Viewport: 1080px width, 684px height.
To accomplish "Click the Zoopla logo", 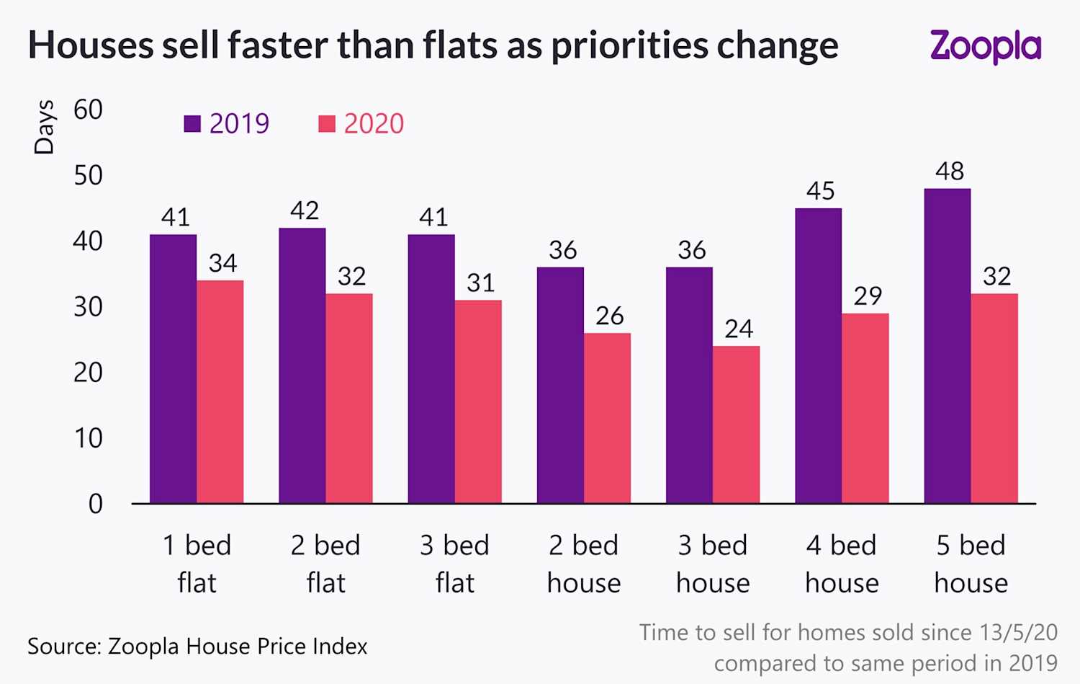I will click(x=985, y=46).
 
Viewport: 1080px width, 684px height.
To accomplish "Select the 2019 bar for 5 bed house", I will click(x=947, y=346).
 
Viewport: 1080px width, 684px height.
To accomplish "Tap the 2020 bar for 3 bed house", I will click(x=736, y=425).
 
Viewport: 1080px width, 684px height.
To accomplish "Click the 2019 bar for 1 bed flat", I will click(x=173, y=368).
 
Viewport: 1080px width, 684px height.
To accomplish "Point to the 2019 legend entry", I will click(x=227, y=124).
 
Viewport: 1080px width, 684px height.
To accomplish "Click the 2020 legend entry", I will click(x=361, y=124).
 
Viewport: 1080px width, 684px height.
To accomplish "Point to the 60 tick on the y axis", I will click(x=88, y=110).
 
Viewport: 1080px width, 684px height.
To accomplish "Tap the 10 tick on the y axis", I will click(x=88, y=438).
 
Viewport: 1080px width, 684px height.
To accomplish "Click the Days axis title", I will click(x=45, y=127).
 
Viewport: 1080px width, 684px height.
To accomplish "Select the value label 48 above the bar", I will click(x=949, y=172).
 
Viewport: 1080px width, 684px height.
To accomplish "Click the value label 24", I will click(x=739, y=329).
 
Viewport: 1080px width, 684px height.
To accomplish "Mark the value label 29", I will click(x=868, y=296).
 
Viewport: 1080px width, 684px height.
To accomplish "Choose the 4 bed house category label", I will click(x=842, y=564).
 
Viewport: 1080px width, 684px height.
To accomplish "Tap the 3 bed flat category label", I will click(x=454, y=564).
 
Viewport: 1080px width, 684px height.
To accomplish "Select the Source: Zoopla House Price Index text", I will click(x=197, y=647).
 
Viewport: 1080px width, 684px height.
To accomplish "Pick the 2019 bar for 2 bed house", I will click(x=560, y=385).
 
